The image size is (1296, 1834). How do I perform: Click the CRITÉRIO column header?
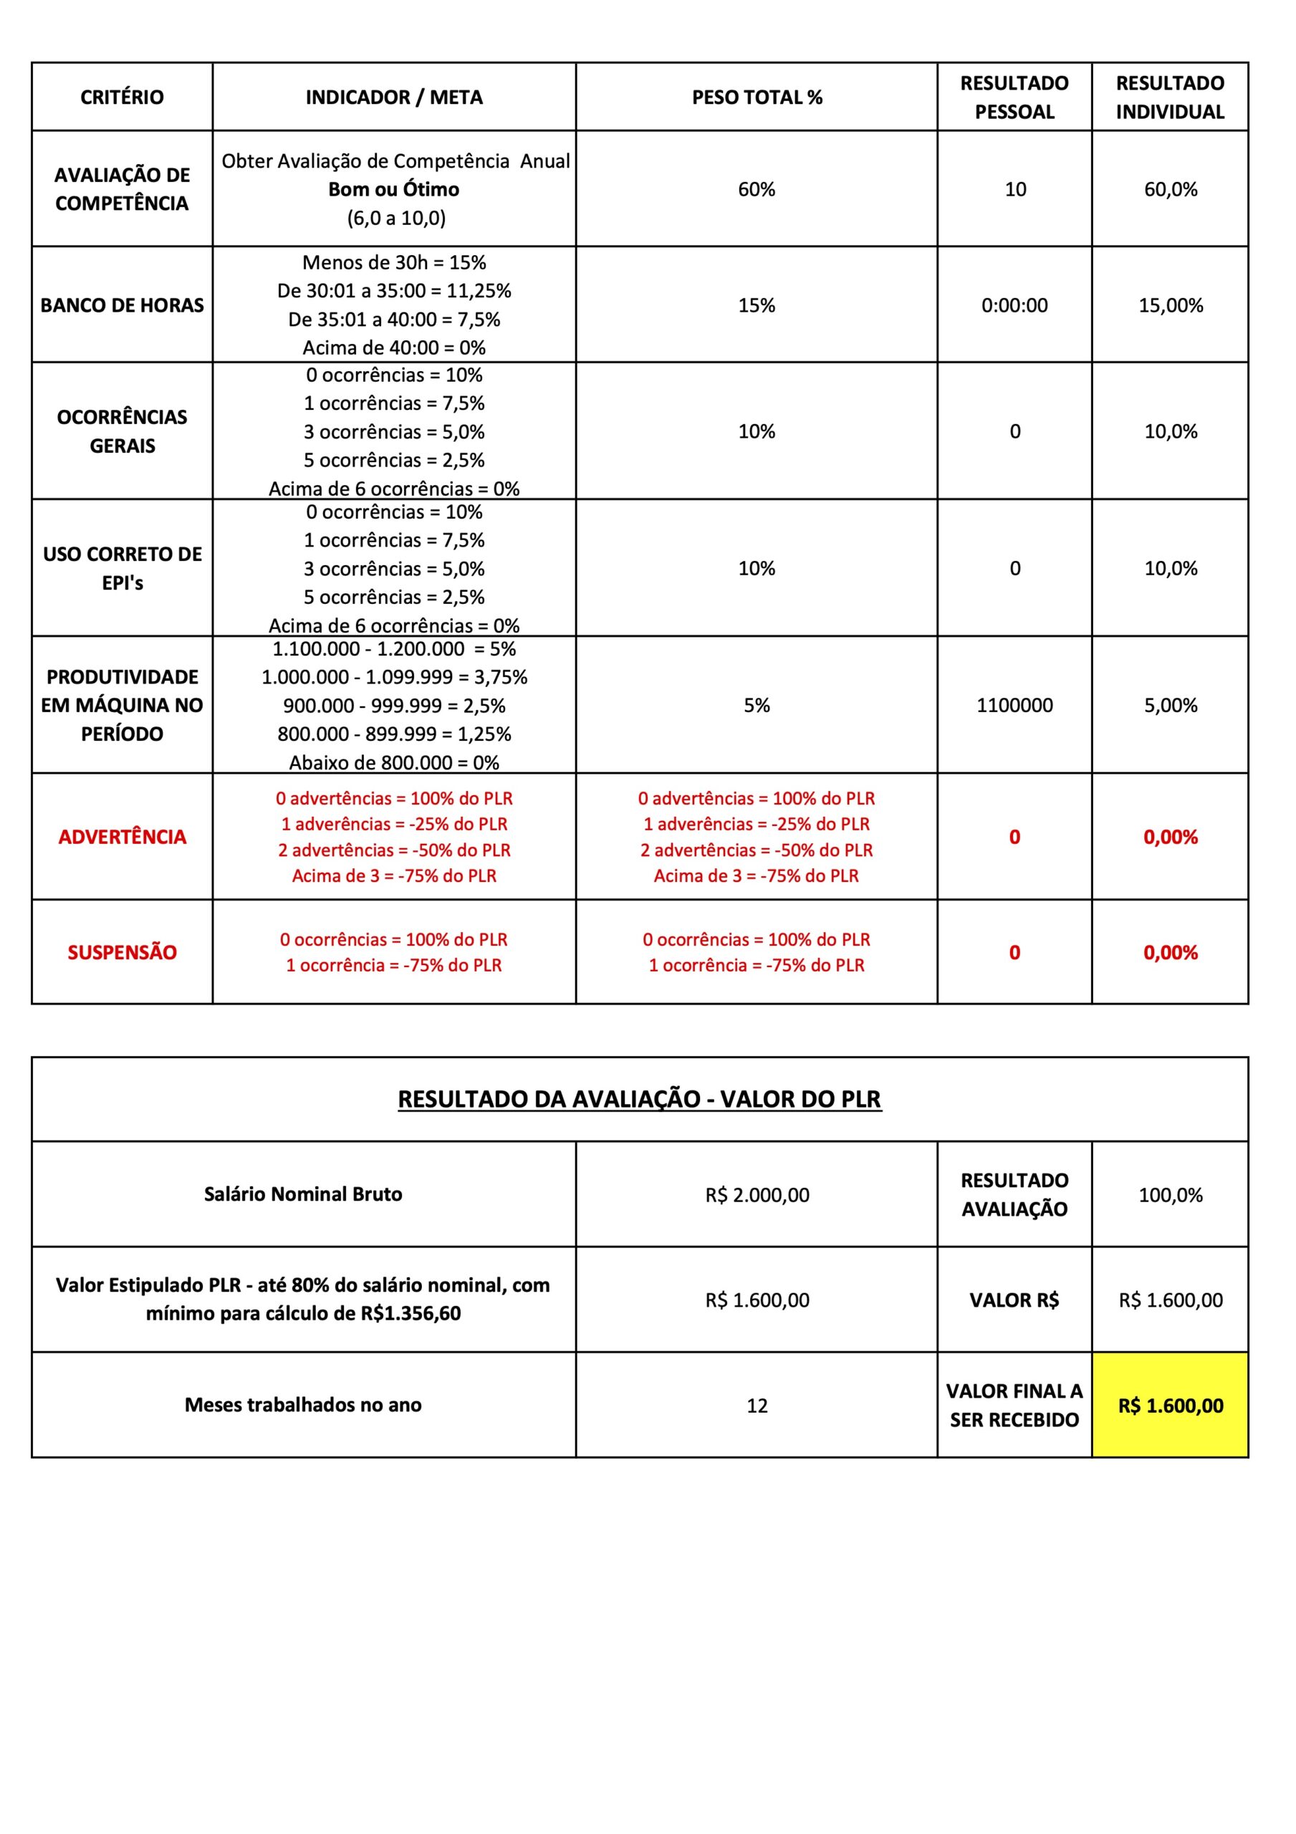click(123, 97)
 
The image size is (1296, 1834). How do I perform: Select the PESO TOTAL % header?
click(757, 97)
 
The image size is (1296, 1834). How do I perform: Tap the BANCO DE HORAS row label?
click(123, 305)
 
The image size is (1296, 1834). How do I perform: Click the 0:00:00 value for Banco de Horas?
click(1014, 305)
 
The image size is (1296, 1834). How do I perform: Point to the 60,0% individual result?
click(1170, 189)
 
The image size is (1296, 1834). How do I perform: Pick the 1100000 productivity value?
click(1014, 706)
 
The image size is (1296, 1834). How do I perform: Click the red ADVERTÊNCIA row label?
click(123, 837)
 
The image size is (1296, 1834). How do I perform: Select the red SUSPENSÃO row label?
click(123, 952)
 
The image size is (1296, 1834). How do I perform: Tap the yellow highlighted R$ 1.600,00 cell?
click(1170, 1406)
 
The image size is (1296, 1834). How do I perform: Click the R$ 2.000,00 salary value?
click(757, 1195)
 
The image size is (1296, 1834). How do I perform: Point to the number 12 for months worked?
click(757, 1406)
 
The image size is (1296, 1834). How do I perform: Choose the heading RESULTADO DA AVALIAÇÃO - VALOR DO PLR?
click(639, 1099)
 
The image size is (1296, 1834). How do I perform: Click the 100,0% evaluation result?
click(1170, 1195)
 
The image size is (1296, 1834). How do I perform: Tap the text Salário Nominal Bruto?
click(303, 1194)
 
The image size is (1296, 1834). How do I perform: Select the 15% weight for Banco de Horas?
click(757, 305)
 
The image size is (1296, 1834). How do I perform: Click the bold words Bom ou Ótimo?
click(394, 189)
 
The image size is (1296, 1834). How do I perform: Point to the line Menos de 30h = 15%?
click(394, 263)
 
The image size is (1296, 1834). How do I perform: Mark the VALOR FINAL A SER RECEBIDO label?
click(1014, 1406)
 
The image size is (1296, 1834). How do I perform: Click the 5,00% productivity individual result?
click(1170, 706)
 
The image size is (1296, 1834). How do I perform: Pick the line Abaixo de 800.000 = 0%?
click(394, 763)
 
